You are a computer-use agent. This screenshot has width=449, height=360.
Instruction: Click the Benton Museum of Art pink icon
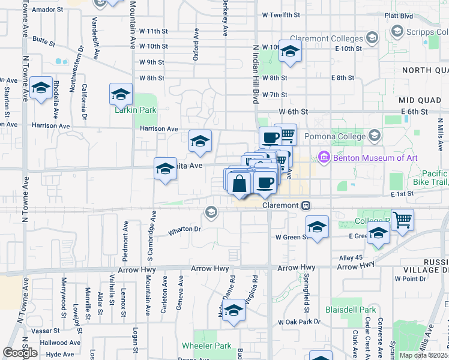(324, 157)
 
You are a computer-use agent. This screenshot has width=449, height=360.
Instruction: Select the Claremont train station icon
(306, 205)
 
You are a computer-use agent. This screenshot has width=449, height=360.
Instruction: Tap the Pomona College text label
(335, 136)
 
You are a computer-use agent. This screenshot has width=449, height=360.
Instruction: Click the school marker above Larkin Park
(121, 94)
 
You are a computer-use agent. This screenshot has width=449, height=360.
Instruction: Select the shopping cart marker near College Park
(402, 220)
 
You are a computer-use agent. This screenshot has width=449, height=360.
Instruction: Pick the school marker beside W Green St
(317, 227)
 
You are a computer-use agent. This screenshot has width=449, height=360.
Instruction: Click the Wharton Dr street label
(184, 229)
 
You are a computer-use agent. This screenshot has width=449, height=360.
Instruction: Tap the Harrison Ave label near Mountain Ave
(159, 128)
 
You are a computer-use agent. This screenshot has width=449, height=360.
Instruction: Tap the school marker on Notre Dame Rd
(234, 311)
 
